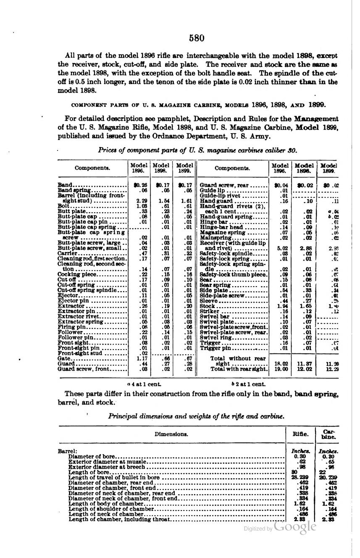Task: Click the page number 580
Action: pos(196,38)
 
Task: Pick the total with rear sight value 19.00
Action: pos(281,369)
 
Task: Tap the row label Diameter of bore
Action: pos(91,456)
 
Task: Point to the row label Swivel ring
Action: pos(215,337)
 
